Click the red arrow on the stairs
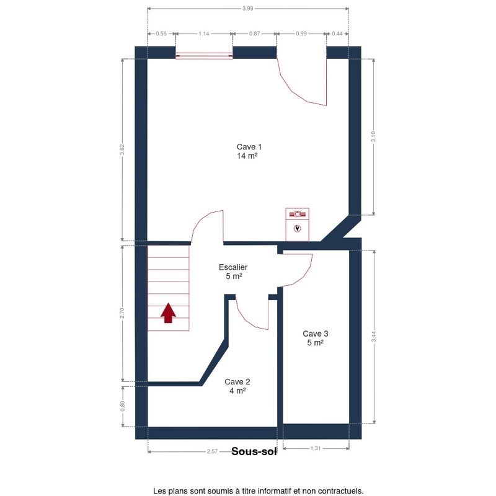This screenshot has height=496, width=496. pos(168,313)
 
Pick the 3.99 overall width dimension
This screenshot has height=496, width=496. pos(248,9)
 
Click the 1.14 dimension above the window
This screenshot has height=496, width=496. pos(204,33)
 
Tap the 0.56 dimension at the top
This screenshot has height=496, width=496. pos(161,33)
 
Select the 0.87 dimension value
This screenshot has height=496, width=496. pos(255,33)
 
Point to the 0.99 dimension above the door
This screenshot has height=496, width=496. pos(301,33)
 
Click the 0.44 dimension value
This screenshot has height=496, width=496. pos(337,33)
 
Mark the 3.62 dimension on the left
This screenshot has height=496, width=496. pos(122,149)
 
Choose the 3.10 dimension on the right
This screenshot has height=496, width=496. pos(374,136)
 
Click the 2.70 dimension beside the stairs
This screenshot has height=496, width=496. pos(122,313)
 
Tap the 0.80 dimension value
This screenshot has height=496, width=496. pos(123,406)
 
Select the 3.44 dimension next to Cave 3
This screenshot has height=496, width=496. pos(374,336)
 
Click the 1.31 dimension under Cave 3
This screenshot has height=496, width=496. pos(316,448)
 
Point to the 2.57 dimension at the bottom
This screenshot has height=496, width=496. pos(212,451)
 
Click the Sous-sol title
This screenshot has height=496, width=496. pos(254,451)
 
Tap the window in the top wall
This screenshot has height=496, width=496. pos(204,56)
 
